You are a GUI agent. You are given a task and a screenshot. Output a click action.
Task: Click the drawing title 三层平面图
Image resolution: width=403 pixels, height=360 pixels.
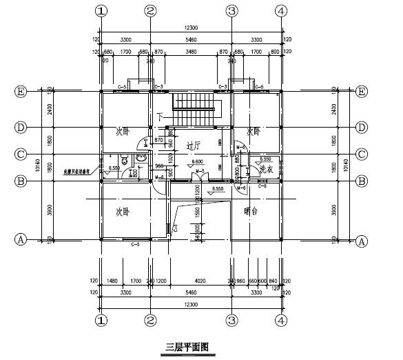click(x=187, y=347)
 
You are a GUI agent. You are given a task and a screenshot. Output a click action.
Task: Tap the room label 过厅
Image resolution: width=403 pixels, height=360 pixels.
click(x=193, y=146)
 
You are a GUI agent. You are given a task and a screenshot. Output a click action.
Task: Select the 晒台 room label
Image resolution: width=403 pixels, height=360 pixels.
click(x=250, y=212)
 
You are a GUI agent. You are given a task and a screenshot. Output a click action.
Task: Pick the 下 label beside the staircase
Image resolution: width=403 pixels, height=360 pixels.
click(x=160, y=117)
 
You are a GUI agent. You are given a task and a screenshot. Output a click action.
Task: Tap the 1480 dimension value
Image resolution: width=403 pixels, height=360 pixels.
click(x=114, y=281)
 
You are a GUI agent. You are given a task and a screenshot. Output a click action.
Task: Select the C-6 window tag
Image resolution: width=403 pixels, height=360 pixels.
click(x=262, y=186)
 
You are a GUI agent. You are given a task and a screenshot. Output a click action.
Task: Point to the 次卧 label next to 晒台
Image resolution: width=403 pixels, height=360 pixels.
click(x=123, y=212)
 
